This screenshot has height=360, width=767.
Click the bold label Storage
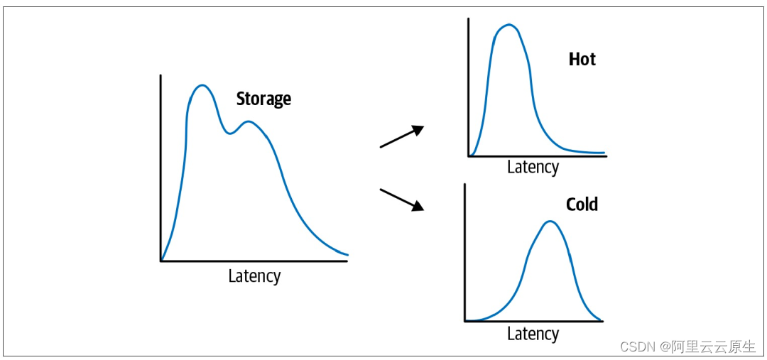click(263, 99)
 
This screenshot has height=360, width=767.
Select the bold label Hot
click(582, 59)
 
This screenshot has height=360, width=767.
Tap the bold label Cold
click(582, 204)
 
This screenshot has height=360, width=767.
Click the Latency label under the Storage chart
click(254, 276)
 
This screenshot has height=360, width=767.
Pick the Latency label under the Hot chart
click(533, 167)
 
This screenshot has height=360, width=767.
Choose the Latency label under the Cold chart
click(533, 334)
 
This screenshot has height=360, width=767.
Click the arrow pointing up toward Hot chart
click(403, 136)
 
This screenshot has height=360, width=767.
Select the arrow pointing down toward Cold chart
click(403, 200)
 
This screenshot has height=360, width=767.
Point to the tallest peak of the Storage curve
click(202, 85)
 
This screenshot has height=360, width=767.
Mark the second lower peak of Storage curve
click(249, 121)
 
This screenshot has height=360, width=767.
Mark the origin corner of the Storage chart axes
click(161, 261)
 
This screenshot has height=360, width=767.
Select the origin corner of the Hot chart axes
click(468, 156)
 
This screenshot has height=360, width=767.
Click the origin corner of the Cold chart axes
click(464, 321)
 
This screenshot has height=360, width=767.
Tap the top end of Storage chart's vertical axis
click(161, 75)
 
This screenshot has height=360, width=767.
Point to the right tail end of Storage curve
click(346, 253)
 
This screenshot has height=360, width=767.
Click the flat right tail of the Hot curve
click(589, 153)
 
